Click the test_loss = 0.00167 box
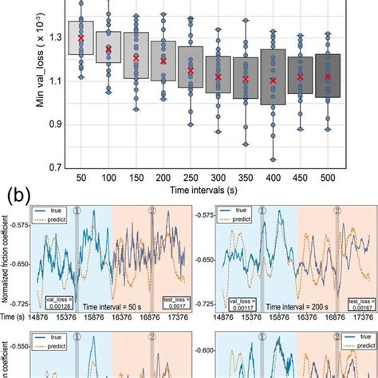tap(360, 304)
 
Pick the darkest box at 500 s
tap(328, 76)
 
